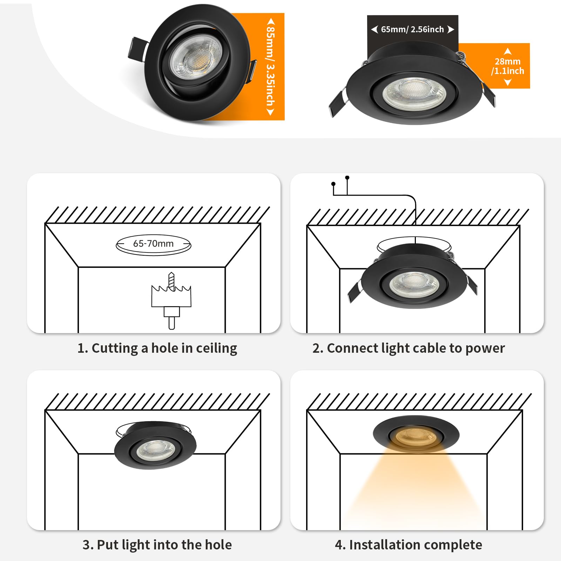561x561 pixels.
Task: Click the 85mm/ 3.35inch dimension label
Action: (271, 67)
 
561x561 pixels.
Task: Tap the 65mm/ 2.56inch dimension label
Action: (412, 29)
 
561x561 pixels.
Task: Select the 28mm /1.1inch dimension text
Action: (508, 66)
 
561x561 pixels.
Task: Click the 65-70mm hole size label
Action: (153, 244)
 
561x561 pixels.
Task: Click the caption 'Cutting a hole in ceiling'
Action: (157, 348)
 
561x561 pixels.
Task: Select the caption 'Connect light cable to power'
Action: (408, 348)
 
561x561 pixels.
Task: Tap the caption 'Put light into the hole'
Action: (157, 545)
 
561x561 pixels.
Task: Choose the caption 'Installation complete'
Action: (408, 545)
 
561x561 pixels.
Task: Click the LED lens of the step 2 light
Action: (414, 284)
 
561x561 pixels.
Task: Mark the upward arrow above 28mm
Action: (508, 52)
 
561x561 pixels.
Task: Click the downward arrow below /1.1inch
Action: (508, 82)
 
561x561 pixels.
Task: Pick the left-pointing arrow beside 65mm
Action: (374, 29)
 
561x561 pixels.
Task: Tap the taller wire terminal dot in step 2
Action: (347, 178)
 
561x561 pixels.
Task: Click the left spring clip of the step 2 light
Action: (354, 291)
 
